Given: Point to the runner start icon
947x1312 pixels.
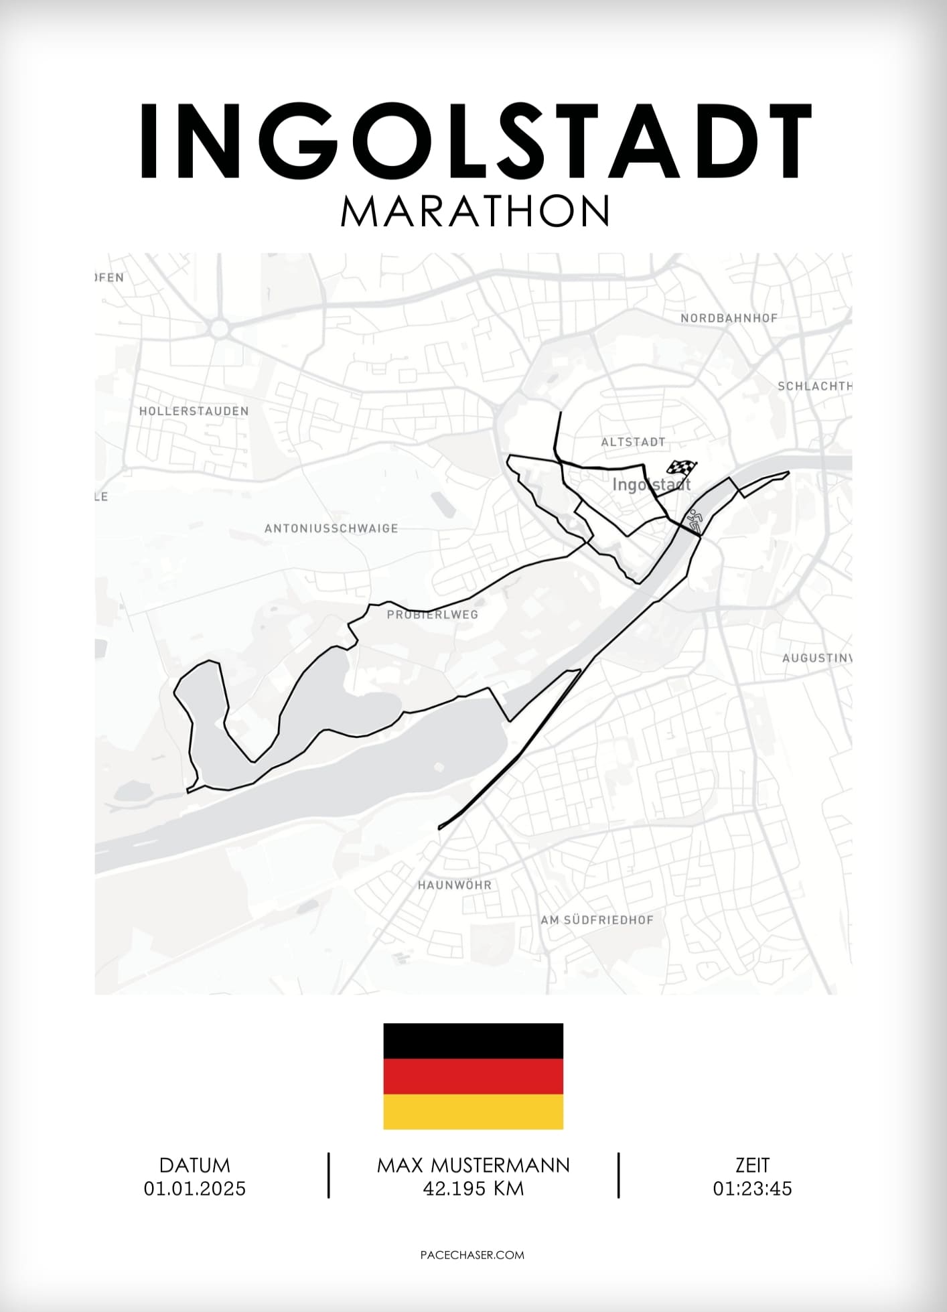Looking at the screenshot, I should tap(695, 520).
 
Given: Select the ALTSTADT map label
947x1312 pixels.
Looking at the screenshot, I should tap(633, 442).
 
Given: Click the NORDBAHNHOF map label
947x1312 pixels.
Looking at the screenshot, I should tap(729, 318).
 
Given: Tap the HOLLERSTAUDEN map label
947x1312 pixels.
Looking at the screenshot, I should tap(194, 411).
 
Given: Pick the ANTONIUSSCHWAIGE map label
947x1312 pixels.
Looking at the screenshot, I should tap(331, 528).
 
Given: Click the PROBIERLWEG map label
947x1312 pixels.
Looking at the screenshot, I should tap(433, 614).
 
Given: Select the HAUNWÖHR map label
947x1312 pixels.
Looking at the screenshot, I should tap(455, 885).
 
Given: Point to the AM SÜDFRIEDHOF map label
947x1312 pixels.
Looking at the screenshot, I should tap(597, 920).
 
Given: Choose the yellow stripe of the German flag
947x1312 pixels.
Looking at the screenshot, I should tap(473, 1112).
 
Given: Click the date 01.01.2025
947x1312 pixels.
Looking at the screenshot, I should tap(195, 1189).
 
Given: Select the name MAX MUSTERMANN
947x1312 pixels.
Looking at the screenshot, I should tap(473, 1165).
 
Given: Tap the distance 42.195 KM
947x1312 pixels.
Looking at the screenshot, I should tap(473, 1189).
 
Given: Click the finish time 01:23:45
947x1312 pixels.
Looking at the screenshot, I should tap(752, 1189).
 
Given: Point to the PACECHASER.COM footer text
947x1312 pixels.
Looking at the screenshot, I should tap(472, 1255).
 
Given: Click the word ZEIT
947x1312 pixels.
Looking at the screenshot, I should tap(752, 1165).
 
